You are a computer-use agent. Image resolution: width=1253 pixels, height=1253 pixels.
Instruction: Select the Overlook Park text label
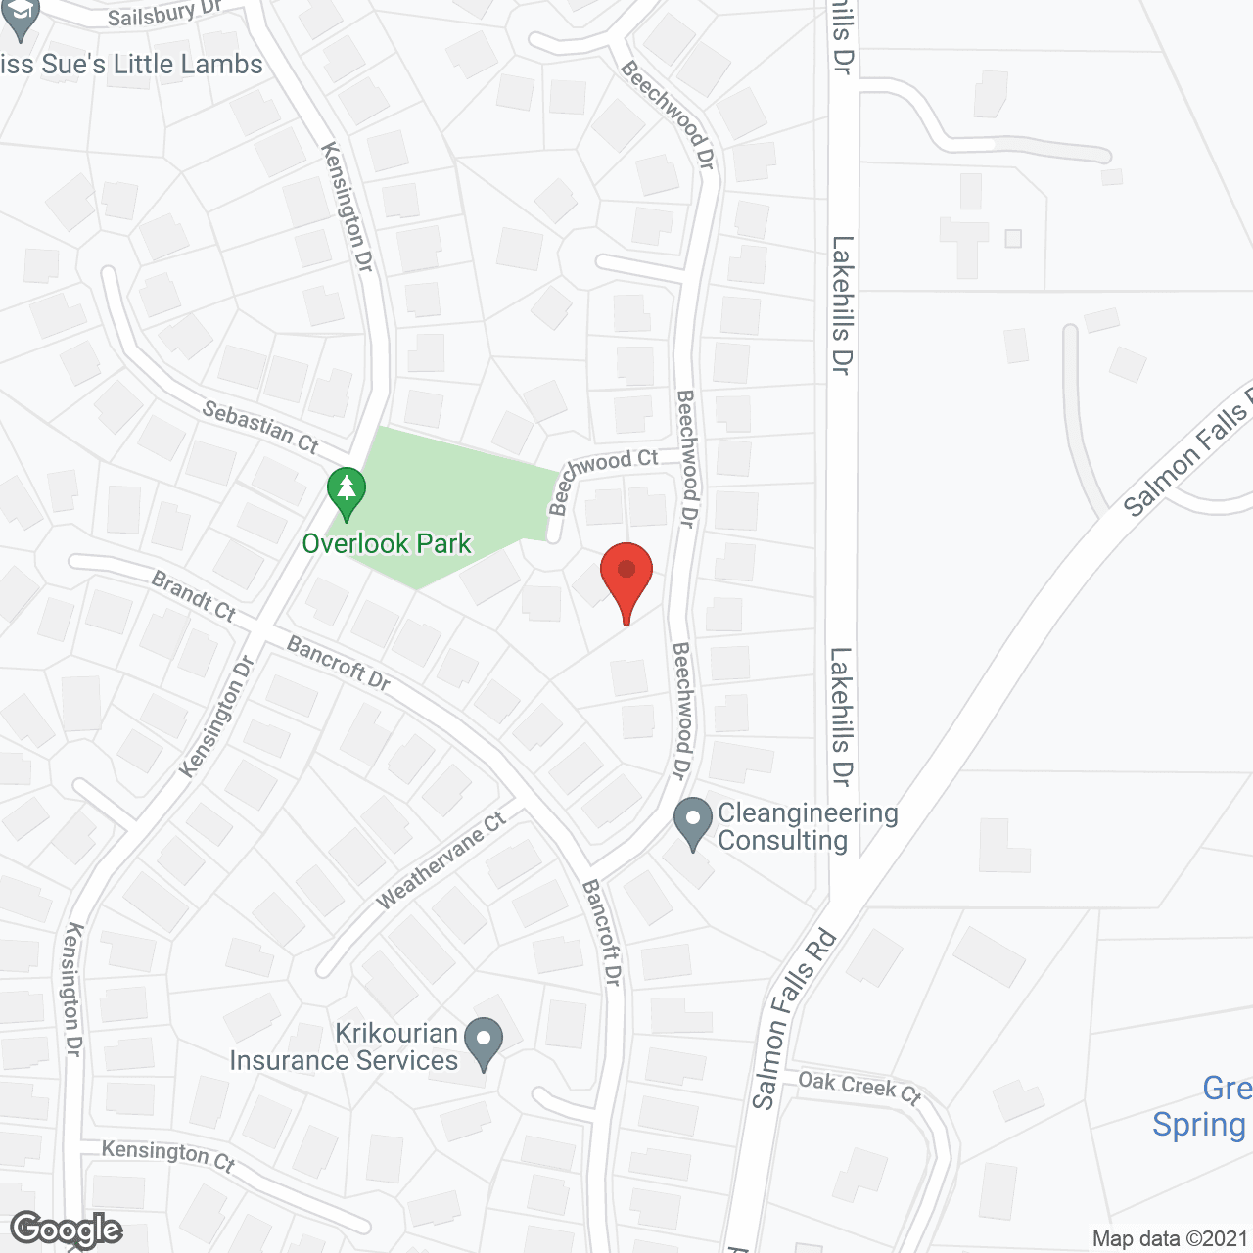387,544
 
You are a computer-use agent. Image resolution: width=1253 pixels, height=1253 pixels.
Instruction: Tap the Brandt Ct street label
194,596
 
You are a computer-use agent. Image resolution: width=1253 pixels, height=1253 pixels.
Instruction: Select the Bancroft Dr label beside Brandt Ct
339,663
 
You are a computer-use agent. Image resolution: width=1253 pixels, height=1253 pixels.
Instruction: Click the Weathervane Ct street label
441,859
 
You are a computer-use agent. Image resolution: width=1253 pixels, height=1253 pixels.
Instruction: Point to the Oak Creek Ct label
859,1087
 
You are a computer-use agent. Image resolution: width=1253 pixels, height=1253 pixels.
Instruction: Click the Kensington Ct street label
168,1154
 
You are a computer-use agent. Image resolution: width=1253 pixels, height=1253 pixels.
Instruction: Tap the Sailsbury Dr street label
164,14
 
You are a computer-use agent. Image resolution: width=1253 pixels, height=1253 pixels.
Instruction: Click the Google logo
67,1230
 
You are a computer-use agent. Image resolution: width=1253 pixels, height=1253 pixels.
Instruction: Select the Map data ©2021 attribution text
1169,1239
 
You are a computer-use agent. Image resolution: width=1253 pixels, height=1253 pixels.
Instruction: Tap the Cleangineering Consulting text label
808,826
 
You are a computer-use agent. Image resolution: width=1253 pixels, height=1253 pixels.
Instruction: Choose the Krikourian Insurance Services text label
344,1046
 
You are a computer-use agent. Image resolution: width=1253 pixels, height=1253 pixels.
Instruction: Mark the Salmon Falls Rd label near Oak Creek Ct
794,1019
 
